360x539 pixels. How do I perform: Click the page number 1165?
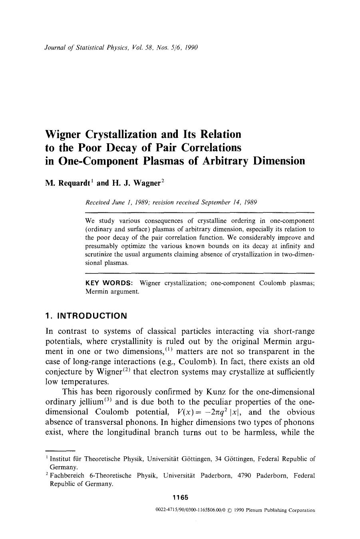[180, 497]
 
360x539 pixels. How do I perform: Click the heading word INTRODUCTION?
[92, 316]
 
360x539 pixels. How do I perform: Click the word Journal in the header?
[56, 48]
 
